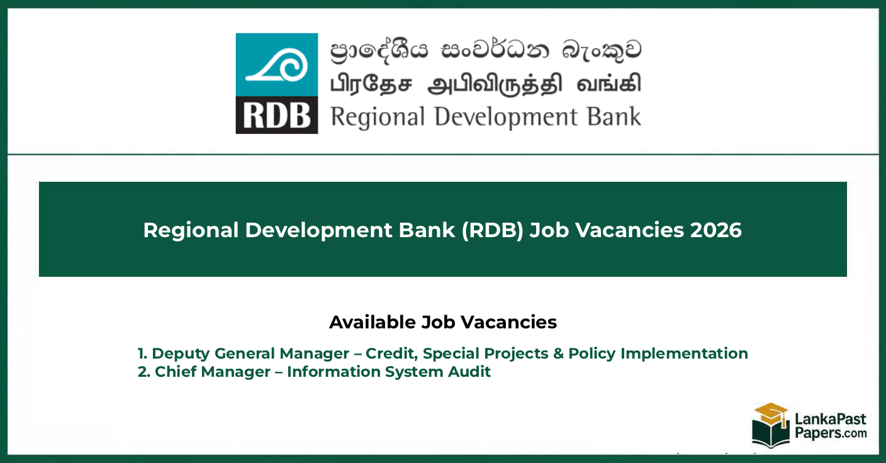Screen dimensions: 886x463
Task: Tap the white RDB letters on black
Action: click(x=277, y=116)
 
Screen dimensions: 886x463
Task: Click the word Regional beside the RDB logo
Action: click(x=378, y=118)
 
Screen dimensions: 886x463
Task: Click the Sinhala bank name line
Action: click(x=486, y=50)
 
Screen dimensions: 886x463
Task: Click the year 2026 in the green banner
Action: click(x=716, y=230)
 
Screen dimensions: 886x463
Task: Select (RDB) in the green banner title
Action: click(x=493, y=230)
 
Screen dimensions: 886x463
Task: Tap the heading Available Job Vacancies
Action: click(x=443, y=322)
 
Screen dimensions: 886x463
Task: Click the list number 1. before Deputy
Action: click(x=142, y=354)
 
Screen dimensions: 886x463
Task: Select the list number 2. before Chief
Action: click(x=143, y=372)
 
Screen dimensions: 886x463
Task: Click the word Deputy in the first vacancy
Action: click(x=181, y=354)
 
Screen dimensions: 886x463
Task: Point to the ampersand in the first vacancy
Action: click(x=559, y=354)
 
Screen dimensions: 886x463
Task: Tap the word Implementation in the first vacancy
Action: click(x=684, y=354)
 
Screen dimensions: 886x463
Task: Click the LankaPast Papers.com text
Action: click(x=831, y=427)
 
